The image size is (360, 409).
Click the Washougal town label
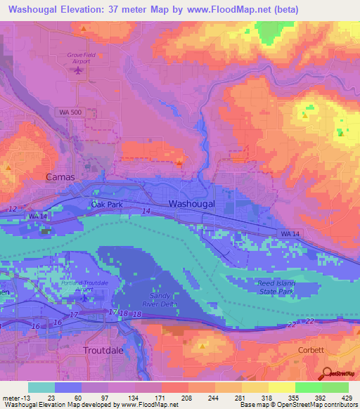[191, 204]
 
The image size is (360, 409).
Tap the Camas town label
[60, 177]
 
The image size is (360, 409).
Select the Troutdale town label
[104, 349]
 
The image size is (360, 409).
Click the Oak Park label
[107, 204]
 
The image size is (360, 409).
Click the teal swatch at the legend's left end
[41, 387]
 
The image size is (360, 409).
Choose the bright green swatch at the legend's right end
[335, 387]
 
